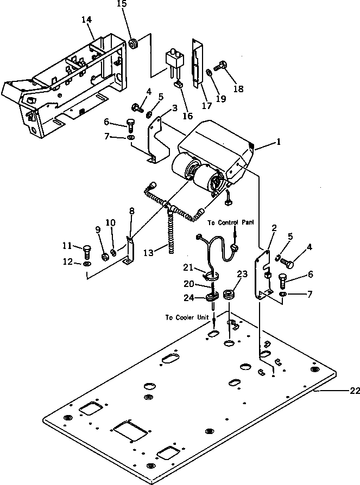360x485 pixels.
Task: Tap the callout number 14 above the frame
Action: (87, 20)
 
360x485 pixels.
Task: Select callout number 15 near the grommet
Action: (122, 4)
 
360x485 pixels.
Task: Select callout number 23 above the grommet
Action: (242, 275)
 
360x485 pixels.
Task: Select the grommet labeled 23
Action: (229, 296)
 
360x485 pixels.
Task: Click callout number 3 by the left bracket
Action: (174, 109)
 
